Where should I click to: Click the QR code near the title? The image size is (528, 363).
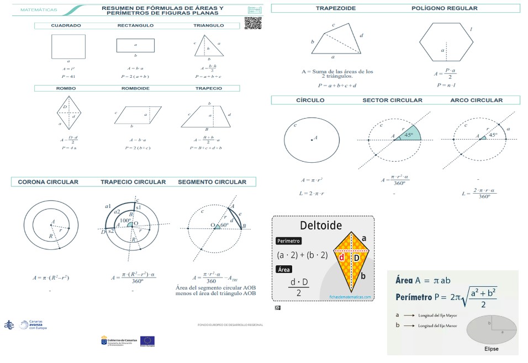[253, 23]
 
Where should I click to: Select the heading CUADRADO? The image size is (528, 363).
[66, 25]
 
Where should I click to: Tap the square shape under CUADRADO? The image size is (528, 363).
[68, 46]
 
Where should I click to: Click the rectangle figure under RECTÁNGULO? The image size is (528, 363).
[135, 45]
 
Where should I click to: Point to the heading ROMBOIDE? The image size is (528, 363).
[135, 88]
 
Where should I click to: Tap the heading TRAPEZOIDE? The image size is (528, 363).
[335, 9]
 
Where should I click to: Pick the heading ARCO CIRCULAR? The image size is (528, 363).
[476, 100]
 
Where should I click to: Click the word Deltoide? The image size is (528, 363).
[320, 225]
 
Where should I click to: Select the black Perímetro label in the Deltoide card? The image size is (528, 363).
[289, 241]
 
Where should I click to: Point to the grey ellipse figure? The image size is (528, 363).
[492, 330]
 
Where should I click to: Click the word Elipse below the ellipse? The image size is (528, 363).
[492, 349]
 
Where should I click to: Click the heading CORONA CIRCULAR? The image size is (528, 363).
[48, 182]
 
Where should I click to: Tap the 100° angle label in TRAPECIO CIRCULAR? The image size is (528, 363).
[126, 221]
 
